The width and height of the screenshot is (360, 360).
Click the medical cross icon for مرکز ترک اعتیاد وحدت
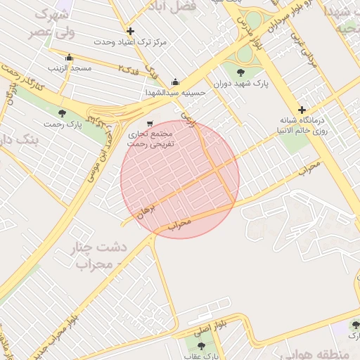pyautogui.click(x=130, y=31)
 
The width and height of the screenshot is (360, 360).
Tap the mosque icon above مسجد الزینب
pyautogui.click(x=69, y=58)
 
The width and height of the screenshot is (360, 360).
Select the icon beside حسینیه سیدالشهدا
pyautogui.click(x=174, y=82)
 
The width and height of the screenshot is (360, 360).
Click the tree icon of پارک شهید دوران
pyautogui.click(x=241, y=72)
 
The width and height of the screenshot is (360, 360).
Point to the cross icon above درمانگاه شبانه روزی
pyautogui.click(x=302, y=110)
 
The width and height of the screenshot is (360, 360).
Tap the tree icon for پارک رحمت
pyautogui.click(x=62, y=113)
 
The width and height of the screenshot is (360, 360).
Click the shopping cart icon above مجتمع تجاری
pyautogui.click(x=148, y=123)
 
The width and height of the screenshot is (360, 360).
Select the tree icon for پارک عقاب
pyautogui.click(x=201, y=346)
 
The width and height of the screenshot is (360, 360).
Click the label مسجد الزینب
pyautogui.click(x=70, y=68)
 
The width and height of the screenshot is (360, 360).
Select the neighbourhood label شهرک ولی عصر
pyautogui.click(x=49, y=23)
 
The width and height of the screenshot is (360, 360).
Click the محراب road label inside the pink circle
pyautogui.click(x=180, y=225)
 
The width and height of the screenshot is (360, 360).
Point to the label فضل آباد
pyautogui.click(x=171, y=6)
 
